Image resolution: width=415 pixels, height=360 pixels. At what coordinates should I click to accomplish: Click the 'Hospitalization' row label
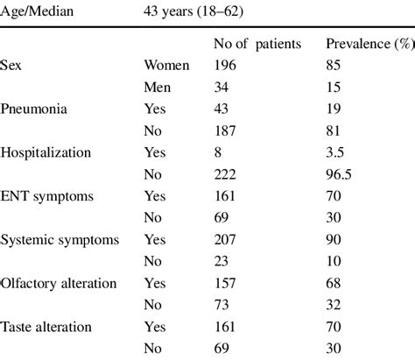(46, 151)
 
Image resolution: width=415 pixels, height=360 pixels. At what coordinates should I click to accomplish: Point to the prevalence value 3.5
(335, 151)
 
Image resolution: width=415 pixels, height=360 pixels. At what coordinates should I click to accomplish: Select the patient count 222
(226, 173)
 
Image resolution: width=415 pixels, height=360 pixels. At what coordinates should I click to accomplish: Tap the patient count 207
(226, 237)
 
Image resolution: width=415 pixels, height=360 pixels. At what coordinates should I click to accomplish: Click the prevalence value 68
(333, 281)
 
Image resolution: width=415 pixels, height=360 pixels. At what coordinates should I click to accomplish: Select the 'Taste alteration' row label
(47, 324)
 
